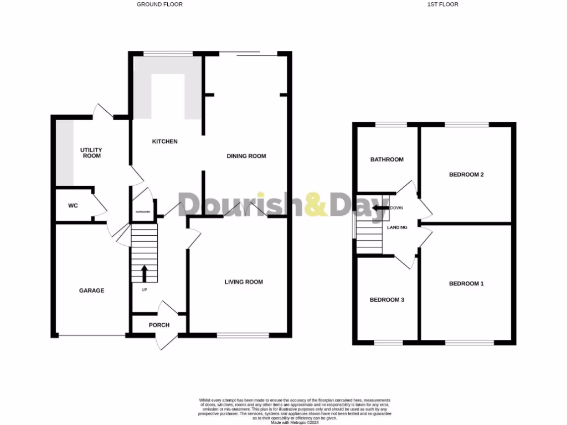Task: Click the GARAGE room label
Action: (x=91, y=291)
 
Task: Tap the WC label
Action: (x=73, y=206)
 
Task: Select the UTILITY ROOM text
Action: (x=91, y=153)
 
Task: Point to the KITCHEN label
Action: (x=165, y=142)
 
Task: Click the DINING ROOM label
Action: (x=246, y=156)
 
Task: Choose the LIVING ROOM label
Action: (x=244, y=282)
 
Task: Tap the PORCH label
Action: (x=159, y=325)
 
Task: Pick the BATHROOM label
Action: (x=387, y=159)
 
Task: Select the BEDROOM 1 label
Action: (x=466, y=284)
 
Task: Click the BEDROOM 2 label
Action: (x=466, y=175)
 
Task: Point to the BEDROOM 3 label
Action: (x=387, y=300)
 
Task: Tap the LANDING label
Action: (x=398, y=227)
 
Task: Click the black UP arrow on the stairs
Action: (x=145, y=273)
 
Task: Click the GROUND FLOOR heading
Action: (x=159, y=4)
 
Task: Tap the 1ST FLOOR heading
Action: (x=443, y=4)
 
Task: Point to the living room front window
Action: (x=243, y=335)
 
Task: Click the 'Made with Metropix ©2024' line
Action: (x=295, y=422)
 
